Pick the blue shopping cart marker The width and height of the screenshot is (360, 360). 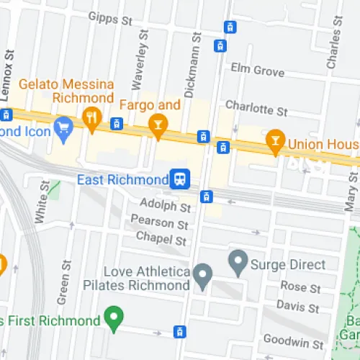click(64, 127)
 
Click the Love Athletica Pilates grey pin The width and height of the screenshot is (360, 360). click(204, 274)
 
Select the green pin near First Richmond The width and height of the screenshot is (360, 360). click(112, 316)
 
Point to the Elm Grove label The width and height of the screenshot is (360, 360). click(258, 70)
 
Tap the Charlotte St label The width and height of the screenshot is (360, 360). click(256, 109)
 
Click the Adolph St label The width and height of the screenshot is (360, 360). click(164, 207)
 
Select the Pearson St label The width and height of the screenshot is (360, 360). click(153, 223)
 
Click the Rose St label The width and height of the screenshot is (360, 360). click(300, 288)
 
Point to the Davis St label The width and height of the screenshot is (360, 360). click(298, 307)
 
